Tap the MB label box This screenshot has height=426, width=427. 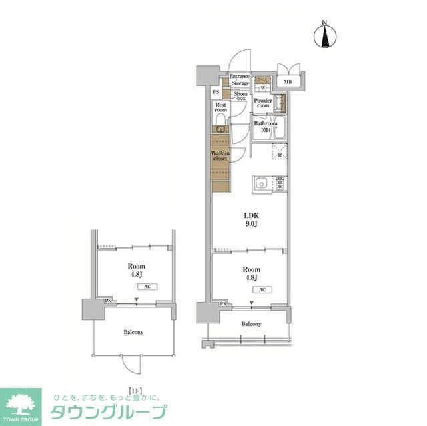pos(288,82)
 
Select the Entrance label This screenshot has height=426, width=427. pos(240,76)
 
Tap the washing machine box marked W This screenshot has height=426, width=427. pos(262,87)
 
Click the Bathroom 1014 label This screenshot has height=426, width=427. pos(262,127)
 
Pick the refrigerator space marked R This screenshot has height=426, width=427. pos(279,155)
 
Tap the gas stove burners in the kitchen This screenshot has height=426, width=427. pos(280,183)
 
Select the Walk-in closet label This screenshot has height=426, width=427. pos(220,156)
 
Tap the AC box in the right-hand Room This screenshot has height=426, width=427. pos(262,290)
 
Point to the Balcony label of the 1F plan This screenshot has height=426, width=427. pos(133,331)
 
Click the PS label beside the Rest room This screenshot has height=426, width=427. pos(216,92)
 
